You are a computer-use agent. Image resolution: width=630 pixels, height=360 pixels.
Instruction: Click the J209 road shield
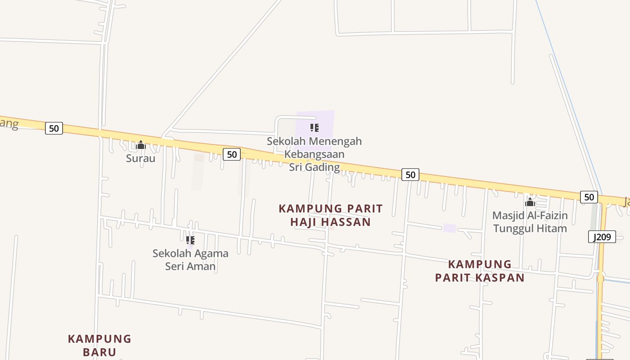pos(602,237)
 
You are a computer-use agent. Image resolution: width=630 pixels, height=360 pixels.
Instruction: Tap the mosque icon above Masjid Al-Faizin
pos(530,202)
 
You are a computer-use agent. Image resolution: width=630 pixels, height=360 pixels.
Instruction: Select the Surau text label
pos(140,158)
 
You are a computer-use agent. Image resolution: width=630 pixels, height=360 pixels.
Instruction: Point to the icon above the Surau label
pos(141,145)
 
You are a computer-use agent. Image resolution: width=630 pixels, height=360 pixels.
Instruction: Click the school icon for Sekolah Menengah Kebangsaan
pos(315,128)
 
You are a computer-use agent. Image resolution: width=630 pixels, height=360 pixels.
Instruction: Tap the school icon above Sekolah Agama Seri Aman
pos(190,240)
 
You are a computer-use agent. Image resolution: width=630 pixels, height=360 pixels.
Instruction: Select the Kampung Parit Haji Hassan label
pos(331,215)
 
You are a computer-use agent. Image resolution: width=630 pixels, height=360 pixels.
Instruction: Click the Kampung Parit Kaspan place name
pos(480,271)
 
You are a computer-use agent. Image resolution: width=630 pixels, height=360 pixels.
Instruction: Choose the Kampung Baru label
pos(99,345)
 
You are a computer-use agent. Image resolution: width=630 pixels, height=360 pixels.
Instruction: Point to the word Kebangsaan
pos(314,154)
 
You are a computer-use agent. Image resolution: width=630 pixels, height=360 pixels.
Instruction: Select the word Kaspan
pos(501,278)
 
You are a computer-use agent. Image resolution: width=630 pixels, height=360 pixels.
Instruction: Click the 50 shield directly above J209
pos(589,197)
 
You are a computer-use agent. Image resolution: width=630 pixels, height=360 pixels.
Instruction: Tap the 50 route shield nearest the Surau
pos(54,128)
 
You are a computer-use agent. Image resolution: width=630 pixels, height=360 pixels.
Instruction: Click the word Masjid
pos(509,216)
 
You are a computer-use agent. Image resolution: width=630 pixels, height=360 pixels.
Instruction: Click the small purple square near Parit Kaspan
pos(449,228)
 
